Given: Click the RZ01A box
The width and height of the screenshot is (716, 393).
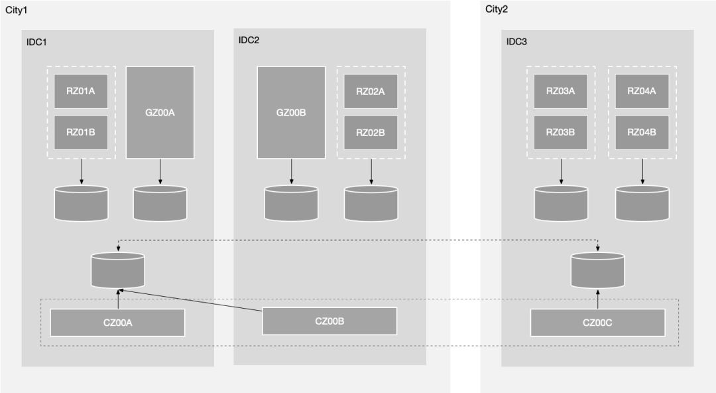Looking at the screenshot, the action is (x=81, y=91).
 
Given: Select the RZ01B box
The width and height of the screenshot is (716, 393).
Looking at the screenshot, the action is (x=81, y=132).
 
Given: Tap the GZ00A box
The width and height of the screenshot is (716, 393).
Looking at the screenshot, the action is (x=160, y=113).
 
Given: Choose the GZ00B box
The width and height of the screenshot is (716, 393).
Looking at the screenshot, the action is (x=291, y=113).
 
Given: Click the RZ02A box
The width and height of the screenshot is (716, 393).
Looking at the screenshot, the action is (x=371, y=92).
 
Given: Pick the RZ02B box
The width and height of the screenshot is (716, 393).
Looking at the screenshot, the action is (x=371, y=133).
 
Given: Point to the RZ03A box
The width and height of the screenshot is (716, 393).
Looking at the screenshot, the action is (x=561, y=91).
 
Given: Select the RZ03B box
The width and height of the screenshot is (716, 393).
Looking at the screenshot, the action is (x=561, y=132).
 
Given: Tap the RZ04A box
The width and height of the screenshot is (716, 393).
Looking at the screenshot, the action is (x=642, y=91).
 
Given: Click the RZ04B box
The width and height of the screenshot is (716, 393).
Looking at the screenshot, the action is (x=642, y=132).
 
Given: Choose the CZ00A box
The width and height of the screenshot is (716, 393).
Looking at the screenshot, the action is (x=117, y=323).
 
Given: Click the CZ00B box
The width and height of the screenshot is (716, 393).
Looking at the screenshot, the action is (x=329, y=321).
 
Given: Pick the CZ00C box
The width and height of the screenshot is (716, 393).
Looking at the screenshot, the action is (x=597, y=323).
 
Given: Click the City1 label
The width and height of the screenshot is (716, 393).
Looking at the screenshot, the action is (x=17, y=10).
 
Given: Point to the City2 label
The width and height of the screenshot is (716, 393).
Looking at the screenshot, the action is (x=497, y=9).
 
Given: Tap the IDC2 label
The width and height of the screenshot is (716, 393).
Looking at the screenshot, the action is (x=249, y=40).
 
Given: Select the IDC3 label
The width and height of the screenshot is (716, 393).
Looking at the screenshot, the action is (x=516, y=42).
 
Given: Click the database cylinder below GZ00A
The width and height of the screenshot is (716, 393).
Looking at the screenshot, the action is (x=160, y=203).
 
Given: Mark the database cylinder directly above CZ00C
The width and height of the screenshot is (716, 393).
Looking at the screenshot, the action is (x=597, y=270).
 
